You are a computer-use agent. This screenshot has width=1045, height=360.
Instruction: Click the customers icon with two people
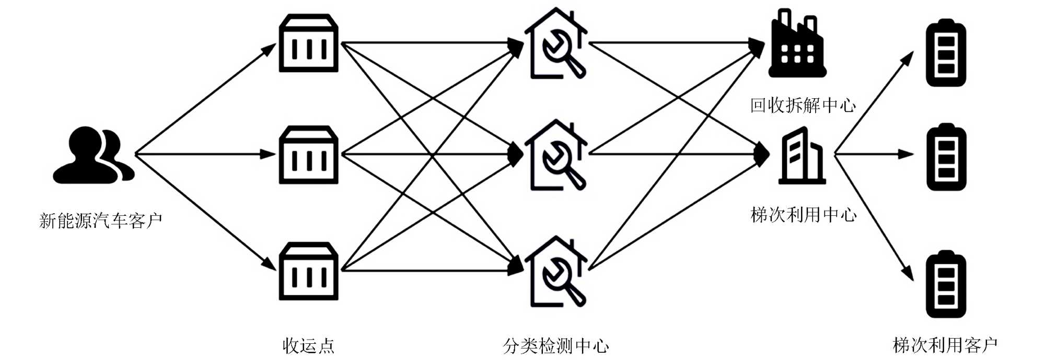(x=94, y=155)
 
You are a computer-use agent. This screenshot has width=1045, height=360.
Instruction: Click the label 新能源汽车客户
(x=100, y=220)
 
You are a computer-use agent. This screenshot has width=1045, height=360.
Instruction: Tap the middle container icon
(x=309, y=155)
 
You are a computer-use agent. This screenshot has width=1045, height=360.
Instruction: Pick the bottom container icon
(x=309, y=271)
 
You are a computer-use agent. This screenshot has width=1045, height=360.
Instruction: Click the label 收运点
(x=308, y=345)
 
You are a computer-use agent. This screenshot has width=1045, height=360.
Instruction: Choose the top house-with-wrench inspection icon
(x=555, y=44)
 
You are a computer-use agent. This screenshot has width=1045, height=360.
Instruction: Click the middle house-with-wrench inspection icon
(x=555, y=156)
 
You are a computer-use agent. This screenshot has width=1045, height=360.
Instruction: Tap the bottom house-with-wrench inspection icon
(x=555, y=272)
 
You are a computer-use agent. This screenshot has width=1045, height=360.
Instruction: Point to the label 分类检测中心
(x=556, y=345)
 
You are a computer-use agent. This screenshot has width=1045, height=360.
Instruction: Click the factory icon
(x=797, y=44)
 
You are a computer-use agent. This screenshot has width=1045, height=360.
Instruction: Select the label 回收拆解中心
(x=803, y=105)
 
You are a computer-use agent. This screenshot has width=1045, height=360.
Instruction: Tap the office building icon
(x=802, y=156)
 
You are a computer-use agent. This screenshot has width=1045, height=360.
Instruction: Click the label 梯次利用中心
(x=803, y=214)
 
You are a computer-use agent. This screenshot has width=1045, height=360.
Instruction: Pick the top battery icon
(x=946, y=53)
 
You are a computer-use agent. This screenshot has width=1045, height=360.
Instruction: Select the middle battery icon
(x=946, y=157)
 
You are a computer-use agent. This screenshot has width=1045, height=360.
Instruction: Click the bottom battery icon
(x=946, y=286)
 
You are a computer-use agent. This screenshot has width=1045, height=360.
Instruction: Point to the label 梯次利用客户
(x=945, y=345)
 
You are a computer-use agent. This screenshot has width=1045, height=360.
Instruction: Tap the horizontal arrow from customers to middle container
(x=204, y=154)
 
